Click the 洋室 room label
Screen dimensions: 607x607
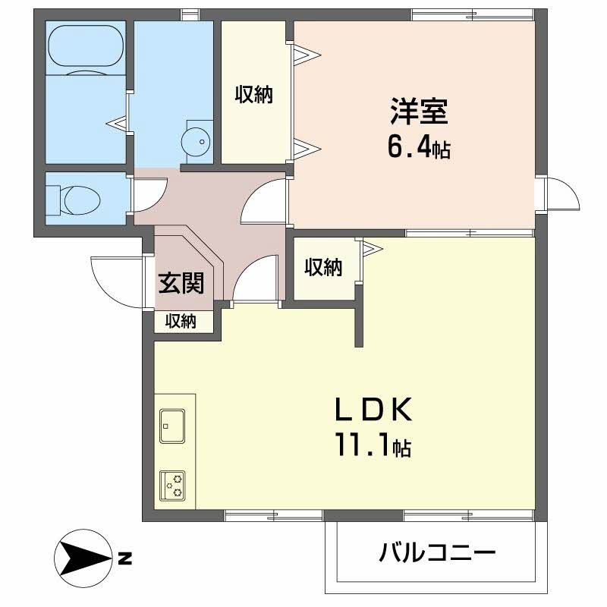(420, 112)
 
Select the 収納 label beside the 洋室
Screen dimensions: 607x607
(253, 95)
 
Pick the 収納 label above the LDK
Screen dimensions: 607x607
(323, 267)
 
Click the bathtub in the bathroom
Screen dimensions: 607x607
(85, 48)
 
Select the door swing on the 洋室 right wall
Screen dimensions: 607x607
(562, 196)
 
